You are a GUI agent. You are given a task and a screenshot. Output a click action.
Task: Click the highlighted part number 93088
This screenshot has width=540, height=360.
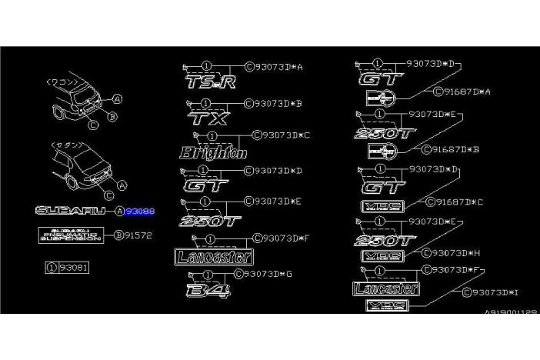pyautogui.click(x=140, y=211)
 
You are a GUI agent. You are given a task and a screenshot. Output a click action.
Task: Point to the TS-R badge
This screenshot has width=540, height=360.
pyautogui.click(x=210, y=82)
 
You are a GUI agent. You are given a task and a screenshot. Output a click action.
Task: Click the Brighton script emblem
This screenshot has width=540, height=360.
pyautogui.click(x=213, y=152)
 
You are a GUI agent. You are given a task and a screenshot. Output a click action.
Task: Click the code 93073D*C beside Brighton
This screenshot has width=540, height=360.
pyautogui.click(x=285, y=135)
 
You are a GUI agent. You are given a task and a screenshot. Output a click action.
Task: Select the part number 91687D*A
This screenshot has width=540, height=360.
pyautogui.click(x=466, y=92)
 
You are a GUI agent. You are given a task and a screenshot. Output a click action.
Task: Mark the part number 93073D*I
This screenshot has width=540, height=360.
pyautogui.click(x=495, y=292)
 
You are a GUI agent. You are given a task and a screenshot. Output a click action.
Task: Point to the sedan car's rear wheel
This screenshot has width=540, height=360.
pyautogui.click(x=72, y=183)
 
